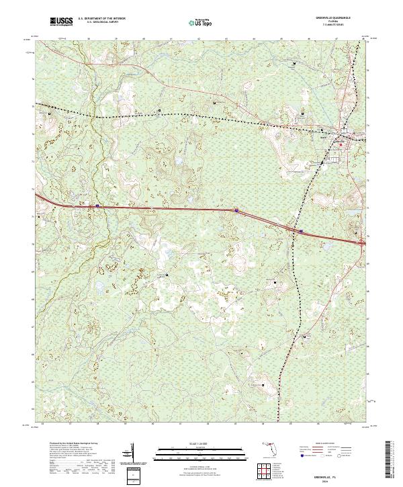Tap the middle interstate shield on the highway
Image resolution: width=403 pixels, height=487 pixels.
(x=237, y=210)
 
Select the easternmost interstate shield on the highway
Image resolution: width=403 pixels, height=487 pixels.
(x=300, y=231)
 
